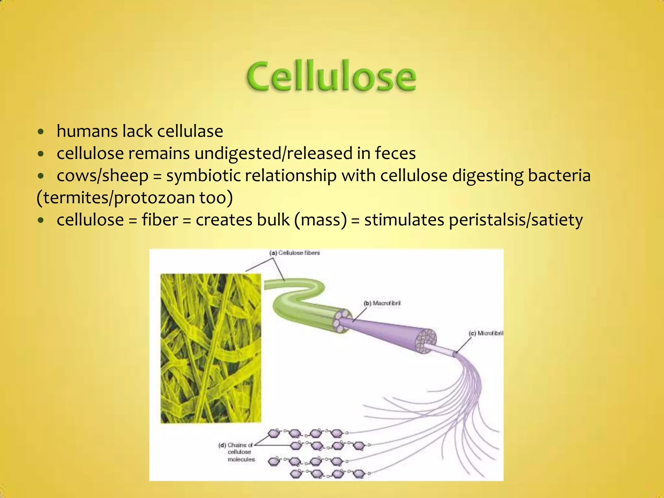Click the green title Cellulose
(331, 76)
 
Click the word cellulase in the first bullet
(190, 131)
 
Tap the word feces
(395, 153)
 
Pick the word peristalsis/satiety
(516, 220)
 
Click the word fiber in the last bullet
(160, 220)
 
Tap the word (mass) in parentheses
(320, 220)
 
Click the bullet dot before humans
(41, 132)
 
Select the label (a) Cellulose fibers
(294, 253)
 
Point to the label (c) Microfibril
(486, 333)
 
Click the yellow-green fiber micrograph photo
(211, 349)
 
